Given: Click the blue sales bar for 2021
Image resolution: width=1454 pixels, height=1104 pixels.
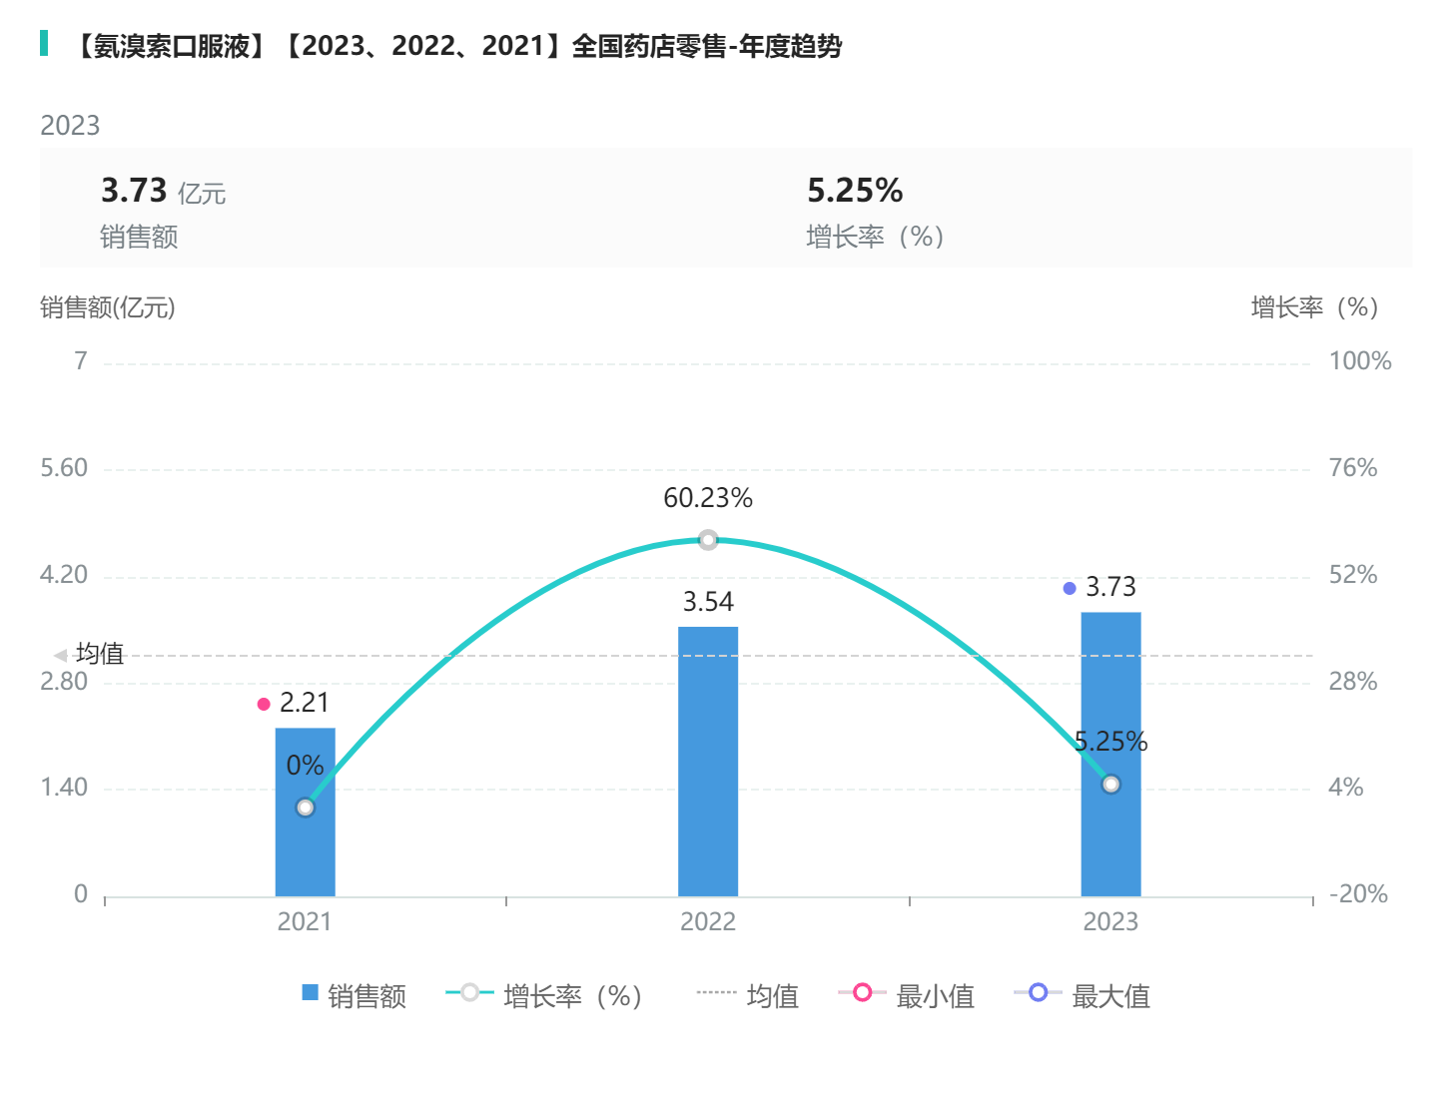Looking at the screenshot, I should (x=305, y=848).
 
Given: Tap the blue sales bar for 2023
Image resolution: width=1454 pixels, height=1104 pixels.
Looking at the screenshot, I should (x=1110, y=699).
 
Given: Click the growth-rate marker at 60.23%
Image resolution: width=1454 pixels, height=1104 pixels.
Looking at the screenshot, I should (x=708, y=540).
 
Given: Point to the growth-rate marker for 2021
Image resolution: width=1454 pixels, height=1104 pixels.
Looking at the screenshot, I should (x=306, y=808).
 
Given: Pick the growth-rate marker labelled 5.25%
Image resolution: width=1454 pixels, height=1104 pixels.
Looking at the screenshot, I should (x=1111, y=785).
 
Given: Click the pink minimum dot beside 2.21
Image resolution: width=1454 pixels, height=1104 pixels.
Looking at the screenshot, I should (x=264, y=704).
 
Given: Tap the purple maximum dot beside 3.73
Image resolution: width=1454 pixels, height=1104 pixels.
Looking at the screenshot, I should (x=1070, y=588).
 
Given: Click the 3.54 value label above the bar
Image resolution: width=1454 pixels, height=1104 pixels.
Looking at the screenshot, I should (x=708, y=602).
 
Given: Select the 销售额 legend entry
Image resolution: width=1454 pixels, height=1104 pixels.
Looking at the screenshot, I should (x=355, y=995).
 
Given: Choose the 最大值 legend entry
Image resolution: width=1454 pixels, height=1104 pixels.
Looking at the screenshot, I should (x=1083, y=995).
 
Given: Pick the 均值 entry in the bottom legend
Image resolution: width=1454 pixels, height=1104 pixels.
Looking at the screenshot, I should (x=748, y=995).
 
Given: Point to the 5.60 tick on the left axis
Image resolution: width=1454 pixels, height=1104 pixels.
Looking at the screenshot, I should (x=64, y=468).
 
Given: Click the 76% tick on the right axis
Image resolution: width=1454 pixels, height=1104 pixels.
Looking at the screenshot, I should (x=1353, y=468).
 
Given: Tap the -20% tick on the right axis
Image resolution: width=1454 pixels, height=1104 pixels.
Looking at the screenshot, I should (x=1358, y=894).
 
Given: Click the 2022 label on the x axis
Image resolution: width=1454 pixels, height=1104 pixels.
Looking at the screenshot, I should (x=708, y=921).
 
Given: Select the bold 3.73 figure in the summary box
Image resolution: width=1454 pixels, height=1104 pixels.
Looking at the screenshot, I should (x=134, y=190).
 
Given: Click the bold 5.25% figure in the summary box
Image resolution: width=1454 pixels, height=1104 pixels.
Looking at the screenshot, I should (x=855, y=190).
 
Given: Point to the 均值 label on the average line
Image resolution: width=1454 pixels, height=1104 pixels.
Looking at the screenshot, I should (x=100, y=654).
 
